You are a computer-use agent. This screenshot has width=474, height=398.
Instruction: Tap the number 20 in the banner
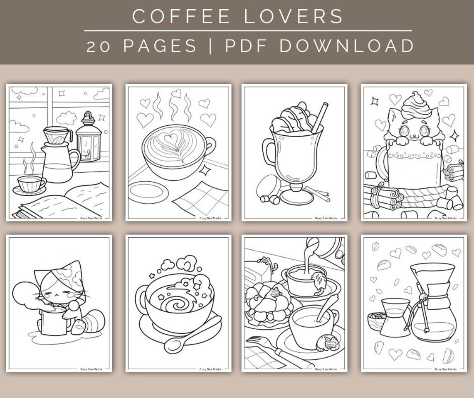pyautogui.click(x=98, y=46)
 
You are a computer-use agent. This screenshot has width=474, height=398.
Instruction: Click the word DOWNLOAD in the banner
pyautogui.click(x=347, y=46)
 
